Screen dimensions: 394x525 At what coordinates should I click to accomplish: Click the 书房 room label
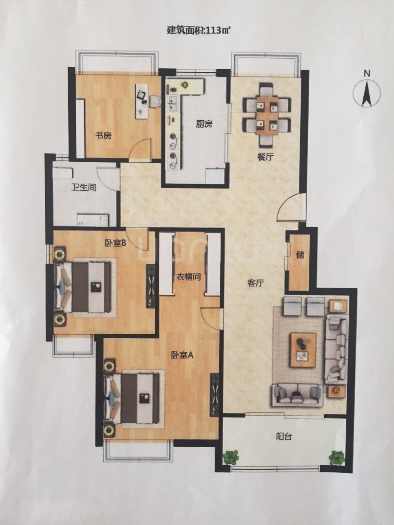103,136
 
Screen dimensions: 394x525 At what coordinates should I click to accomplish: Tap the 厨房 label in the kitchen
204,124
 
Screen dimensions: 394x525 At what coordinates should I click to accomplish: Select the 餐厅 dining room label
265,157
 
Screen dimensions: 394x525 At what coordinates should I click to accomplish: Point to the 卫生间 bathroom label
84,187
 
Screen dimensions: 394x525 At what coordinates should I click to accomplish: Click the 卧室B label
115,244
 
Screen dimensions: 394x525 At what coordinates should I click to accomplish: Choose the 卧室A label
182,355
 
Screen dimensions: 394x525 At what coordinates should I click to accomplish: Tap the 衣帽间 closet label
188,277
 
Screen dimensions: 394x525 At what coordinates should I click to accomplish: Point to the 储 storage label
301,255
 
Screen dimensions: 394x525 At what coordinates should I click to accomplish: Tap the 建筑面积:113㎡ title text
197,31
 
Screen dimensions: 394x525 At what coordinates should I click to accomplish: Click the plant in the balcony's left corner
231,457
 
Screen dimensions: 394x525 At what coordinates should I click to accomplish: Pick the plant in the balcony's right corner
337,458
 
